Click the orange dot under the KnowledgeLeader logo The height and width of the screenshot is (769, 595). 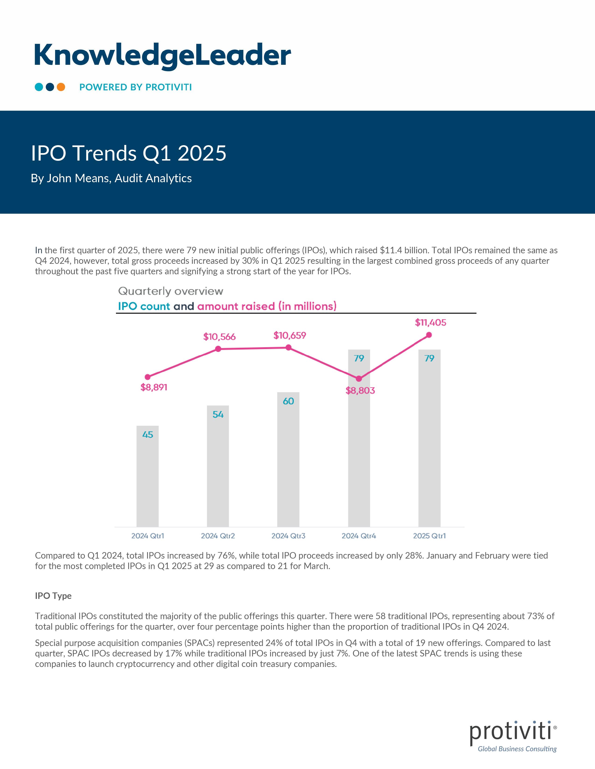tap(61, 87)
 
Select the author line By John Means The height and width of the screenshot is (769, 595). tap(111, 178)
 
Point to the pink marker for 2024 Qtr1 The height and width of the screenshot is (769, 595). tap(148, 377)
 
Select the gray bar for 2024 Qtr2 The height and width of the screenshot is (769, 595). tap(218, 468)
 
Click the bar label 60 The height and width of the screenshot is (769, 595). tap(288, 401)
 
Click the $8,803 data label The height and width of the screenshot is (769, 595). tap(360, 391)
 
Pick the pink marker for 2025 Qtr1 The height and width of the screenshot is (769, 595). tap(429, 335)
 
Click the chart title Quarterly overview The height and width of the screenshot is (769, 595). tap(171, 291)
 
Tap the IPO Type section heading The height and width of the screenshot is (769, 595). tap(53, 596)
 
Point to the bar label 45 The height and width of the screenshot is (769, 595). tap(148, 435)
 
